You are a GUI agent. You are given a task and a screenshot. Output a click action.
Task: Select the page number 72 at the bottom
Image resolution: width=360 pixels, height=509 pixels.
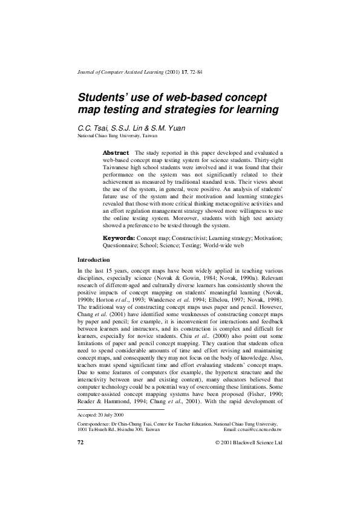pyautogui.click(x=80, y=442)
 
